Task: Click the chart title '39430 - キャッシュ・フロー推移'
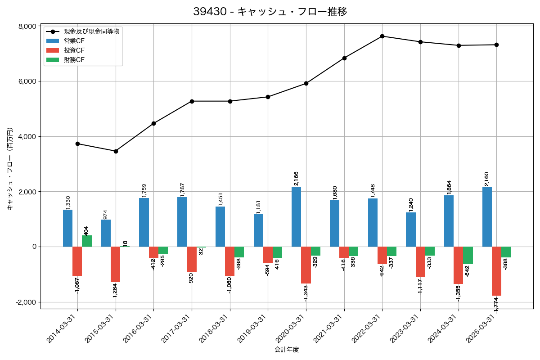[270, 12]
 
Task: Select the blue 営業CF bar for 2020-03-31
[296, 217]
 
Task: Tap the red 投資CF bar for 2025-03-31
[496, 271]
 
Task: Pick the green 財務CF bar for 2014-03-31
[87, 241]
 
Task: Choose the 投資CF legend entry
[74, 50]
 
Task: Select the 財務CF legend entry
[74, 60]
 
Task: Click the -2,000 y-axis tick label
[26, 302]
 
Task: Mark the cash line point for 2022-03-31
[382, 36]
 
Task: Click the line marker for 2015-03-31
[116, 151]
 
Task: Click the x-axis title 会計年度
[287, 350]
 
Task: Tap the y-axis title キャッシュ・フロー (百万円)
[9, 169]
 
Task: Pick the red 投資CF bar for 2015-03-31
[116, 265]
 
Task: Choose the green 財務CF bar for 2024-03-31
[468, 256]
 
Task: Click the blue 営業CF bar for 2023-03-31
[411, 229]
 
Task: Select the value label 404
[87, 230]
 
